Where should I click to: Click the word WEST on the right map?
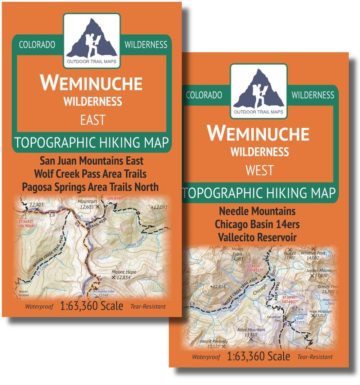259,170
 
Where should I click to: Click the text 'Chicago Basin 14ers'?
257,224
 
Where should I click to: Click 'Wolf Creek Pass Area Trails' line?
90,174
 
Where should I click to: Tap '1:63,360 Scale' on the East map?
92,306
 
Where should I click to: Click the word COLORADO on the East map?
37,45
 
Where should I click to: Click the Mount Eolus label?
238,253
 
